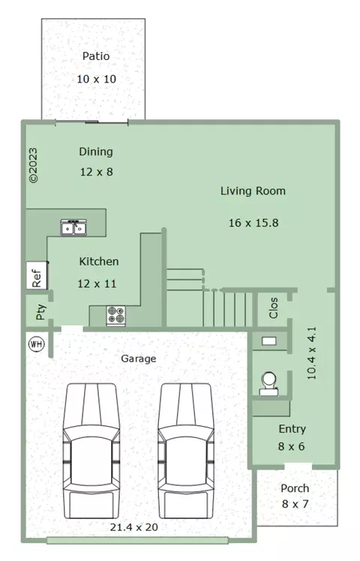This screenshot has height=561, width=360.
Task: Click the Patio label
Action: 96,56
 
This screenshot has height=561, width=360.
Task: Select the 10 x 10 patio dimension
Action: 97,79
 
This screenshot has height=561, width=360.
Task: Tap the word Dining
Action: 96,152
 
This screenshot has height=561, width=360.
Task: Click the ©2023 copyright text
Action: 33,165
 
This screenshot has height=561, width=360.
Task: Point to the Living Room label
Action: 253,191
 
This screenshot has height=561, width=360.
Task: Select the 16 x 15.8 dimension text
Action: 253,223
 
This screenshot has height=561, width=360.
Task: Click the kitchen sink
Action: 73,227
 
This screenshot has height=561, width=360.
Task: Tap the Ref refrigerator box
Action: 37,275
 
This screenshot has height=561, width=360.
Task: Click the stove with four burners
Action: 116,316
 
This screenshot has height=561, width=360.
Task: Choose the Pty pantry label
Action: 40,312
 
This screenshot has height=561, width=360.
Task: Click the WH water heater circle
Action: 36,344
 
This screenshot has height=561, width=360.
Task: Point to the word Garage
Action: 139,358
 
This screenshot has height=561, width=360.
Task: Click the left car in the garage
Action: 91,451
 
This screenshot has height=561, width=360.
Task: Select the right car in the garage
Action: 186,451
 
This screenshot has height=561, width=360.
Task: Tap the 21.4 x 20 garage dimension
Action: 133,527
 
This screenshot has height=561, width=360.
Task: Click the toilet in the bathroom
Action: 268,384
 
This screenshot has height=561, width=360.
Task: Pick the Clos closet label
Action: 274,308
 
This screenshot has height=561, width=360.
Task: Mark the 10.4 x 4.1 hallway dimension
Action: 312,353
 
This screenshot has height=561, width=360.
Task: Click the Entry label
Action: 292,429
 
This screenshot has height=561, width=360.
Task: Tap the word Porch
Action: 295,488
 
